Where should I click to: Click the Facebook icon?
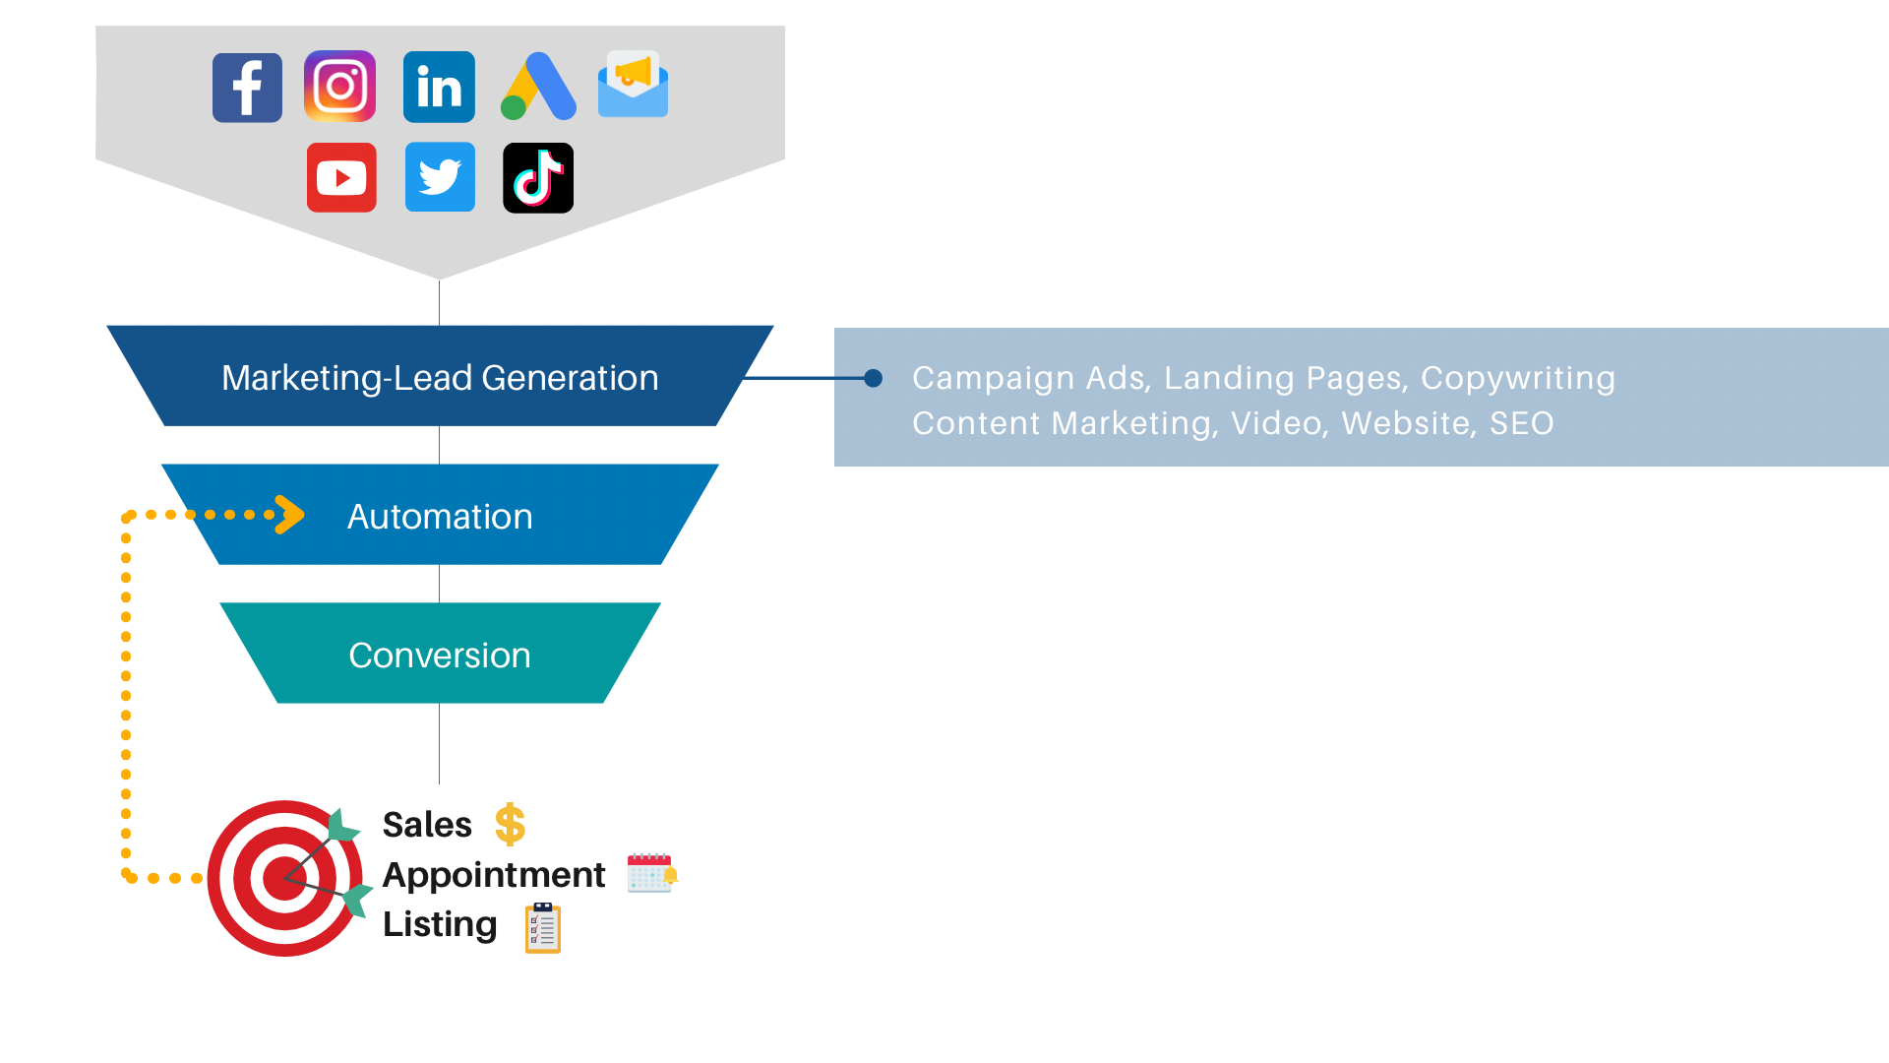coord(247,88)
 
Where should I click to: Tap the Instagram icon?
coord(339,87)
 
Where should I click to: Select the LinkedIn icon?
coord(439,87)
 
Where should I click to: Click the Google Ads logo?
coord(538,87)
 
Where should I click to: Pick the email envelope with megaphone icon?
coord(633,85)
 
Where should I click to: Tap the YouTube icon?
coord(341,178)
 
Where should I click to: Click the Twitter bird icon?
coord(440,177)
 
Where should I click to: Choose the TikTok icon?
coord(538,178)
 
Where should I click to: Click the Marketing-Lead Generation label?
coord(440,378)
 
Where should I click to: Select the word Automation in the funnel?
coord(440,517)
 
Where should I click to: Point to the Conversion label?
coord(440,656)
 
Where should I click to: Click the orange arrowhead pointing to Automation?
coord(290,514)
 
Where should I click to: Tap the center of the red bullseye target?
coord(283,878)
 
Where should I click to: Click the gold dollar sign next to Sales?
coord(510,825)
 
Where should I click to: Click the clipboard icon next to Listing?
coord(543,928)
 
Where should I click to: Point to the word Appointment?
coord(493,875)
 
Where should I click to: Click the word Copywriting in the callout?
coord(1517,378)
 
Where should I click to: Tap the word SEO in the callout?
coord(1521,423)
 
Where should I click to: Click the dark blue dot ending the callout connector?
coord(873,378)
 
